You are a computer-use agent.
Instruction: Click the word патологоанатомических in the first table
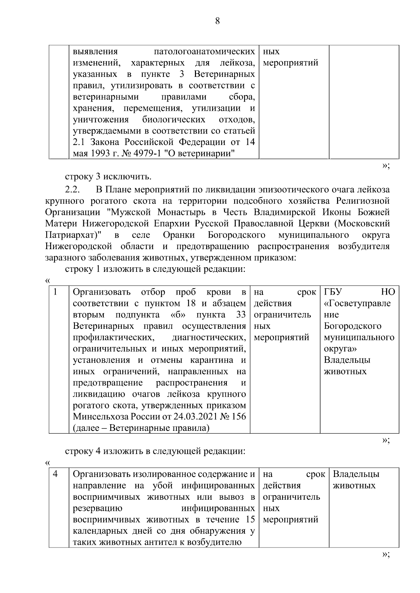tap(204, 52)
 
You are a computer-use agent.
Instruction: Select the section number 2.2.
tap(73, 190)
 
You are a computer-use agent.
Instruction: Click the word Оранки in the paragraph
tap(179, 235)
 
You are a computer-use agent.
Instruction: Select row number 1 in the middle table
tap(55, 292)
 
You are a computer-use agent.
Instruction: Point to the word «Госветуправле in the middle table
tap(357, 303)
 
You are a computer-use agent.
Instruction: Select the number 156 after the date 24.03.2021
tap(238, 417)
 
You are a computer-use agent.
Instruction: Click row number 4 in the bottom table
tap(55, 474)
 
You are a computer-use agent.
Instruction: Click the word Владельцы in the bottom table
tap(356, 474)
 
